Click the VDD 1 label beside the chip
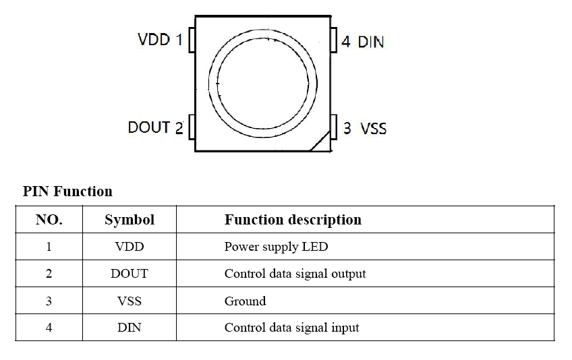[160, 40]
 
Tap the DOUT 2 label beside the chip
[155, 127]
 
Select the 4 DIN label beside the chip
[362, 42]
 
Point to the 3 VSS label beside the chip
[365, 127]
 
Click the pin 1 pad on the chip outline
[192, 40]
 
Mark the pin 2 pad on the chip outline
[192, 126]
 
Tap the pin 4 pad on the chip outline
[333, 40]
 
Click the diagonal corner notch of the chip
[320, 141]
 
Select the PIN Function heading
[67, 191]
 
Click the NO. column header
[49, 220]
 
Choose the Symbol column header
[130, 220]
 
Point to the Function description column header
[293, 220]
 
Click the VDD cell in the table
[130, 247]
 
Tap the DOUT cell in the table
[130, 274]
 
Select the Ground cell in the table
[245, 301]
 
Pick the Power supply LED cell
[276, 247]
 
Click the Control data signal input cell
[291, 328]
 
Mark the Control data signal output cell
[295, 274]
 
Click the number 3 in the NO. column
[49, 301]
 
